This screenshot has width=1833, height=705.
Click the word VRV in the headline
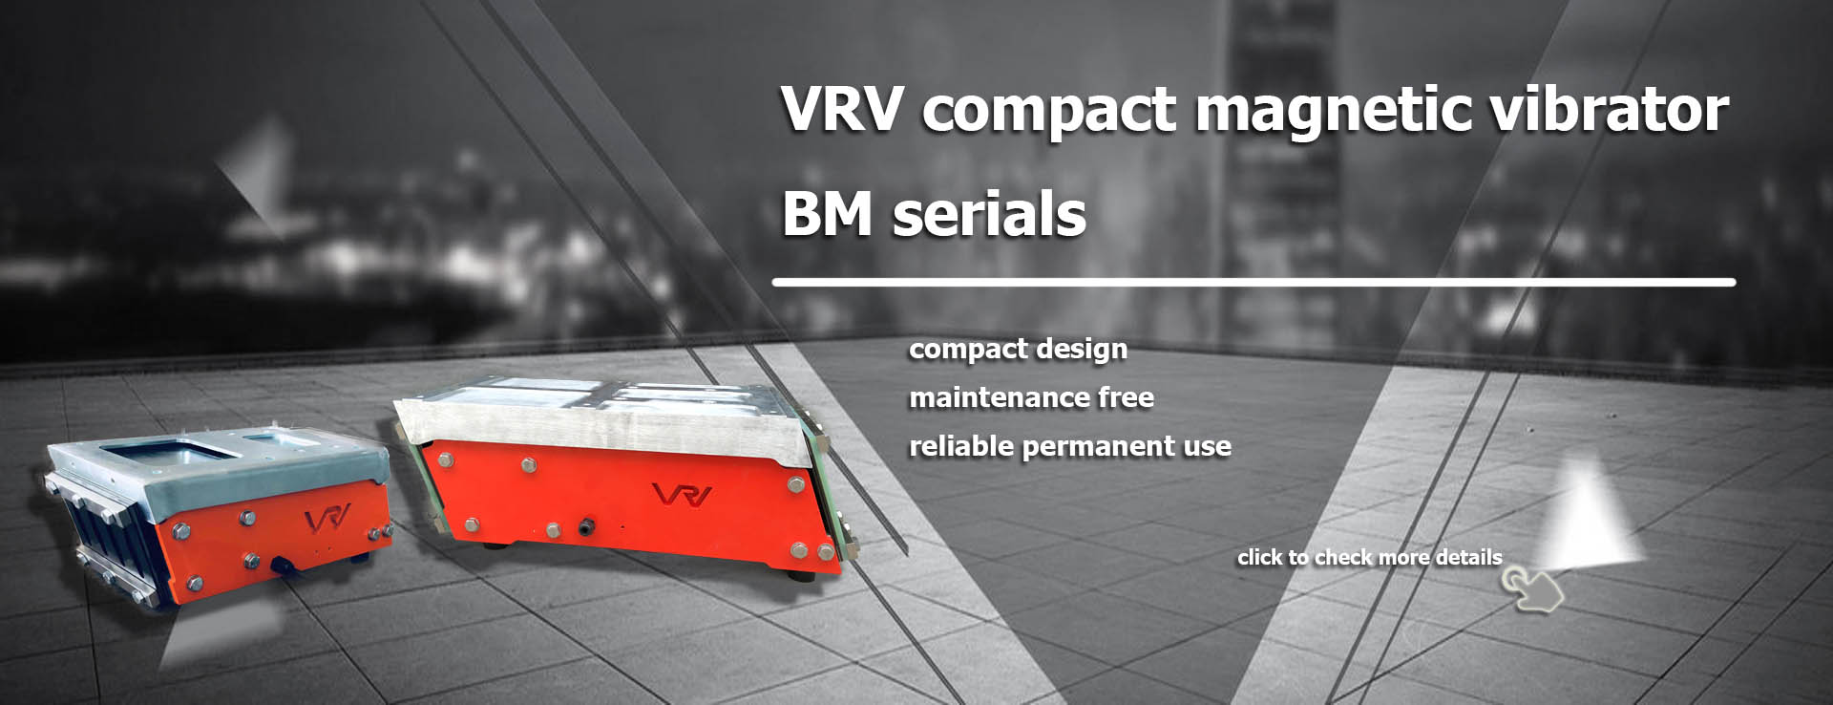(x=841, y=109)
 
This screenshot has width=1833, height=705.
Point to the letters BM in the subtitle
(x=827, y=214)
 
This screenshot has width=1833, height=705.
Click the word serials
(x=989, y=214)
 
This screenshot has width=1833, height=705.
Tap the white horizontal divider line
(x=1253, y=283)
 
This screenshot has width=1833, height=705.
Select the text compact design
(x=1018, y=350)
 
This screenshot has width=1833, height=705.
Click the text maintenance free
(x=1031, y=397)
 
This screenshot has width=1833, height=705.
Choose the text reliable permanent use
(x=1069, y=446)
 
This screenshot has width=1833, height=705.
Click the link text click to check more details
(x=1369, y=557)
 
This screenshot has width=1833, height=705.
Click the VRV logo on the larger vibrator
(x=682, y=495)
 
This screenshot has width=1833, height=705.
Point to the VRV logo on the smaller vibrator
(x=327, y=521)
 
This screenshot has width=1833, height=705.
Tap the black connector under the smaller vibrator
(x=284, y=566)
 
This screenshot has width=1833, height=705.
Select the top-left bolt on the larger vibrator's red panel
(x=444, y=459)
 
